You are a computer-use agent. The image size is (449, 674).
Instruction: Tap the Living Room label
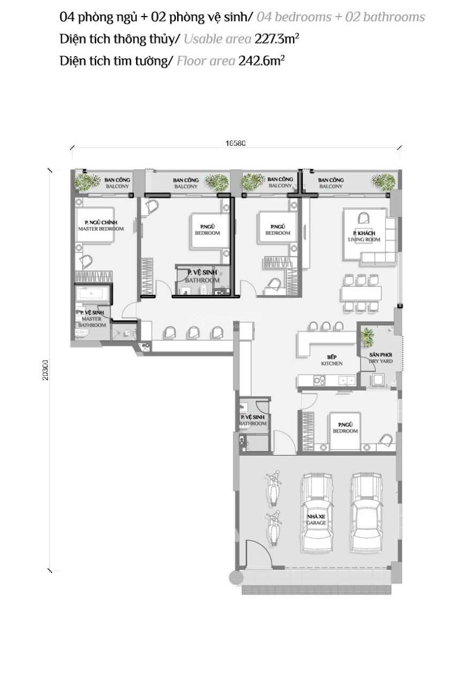point(366,237)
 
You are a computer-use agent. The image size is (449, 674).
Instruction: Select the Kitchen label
point(331,360)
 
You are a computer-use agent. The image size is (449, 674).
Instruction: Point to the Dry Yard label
point(380,358)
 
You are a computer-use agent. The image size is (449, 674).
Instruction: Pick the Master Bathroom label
point(93,319)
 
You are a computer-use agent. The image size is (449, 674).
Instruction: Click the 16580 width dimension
point(235,143)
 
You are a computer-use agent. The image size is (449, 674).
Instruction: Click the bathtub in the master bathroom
point(93,293)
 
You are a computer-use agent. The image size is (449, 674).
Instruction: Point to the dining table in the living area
point(361,293)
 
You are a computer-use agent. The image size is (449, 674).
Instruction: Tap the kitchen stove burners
point(319,381)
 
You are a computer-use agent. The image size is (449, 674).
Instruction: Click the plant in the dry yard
point(367,337)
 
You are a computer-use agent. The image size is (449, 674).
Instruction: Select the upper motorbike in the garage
point(273,486)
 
